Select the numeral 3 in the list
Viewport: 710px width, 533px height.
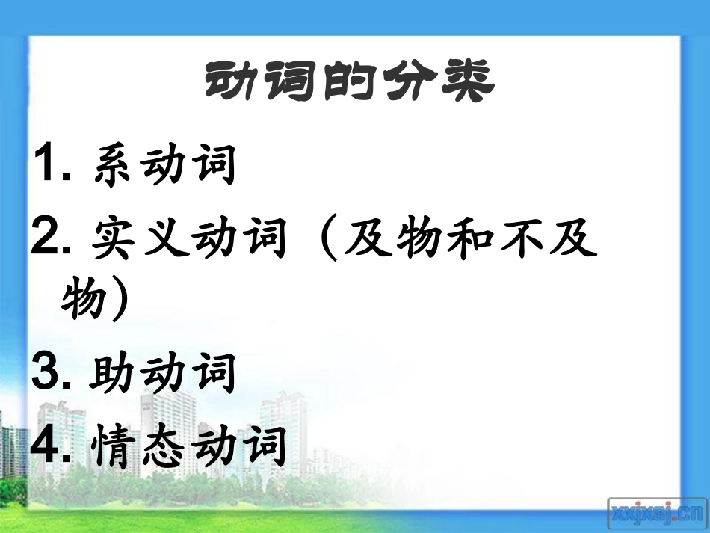coord(48,371)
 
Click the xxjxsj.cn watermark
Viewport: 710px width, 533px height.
coord(656,512)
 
